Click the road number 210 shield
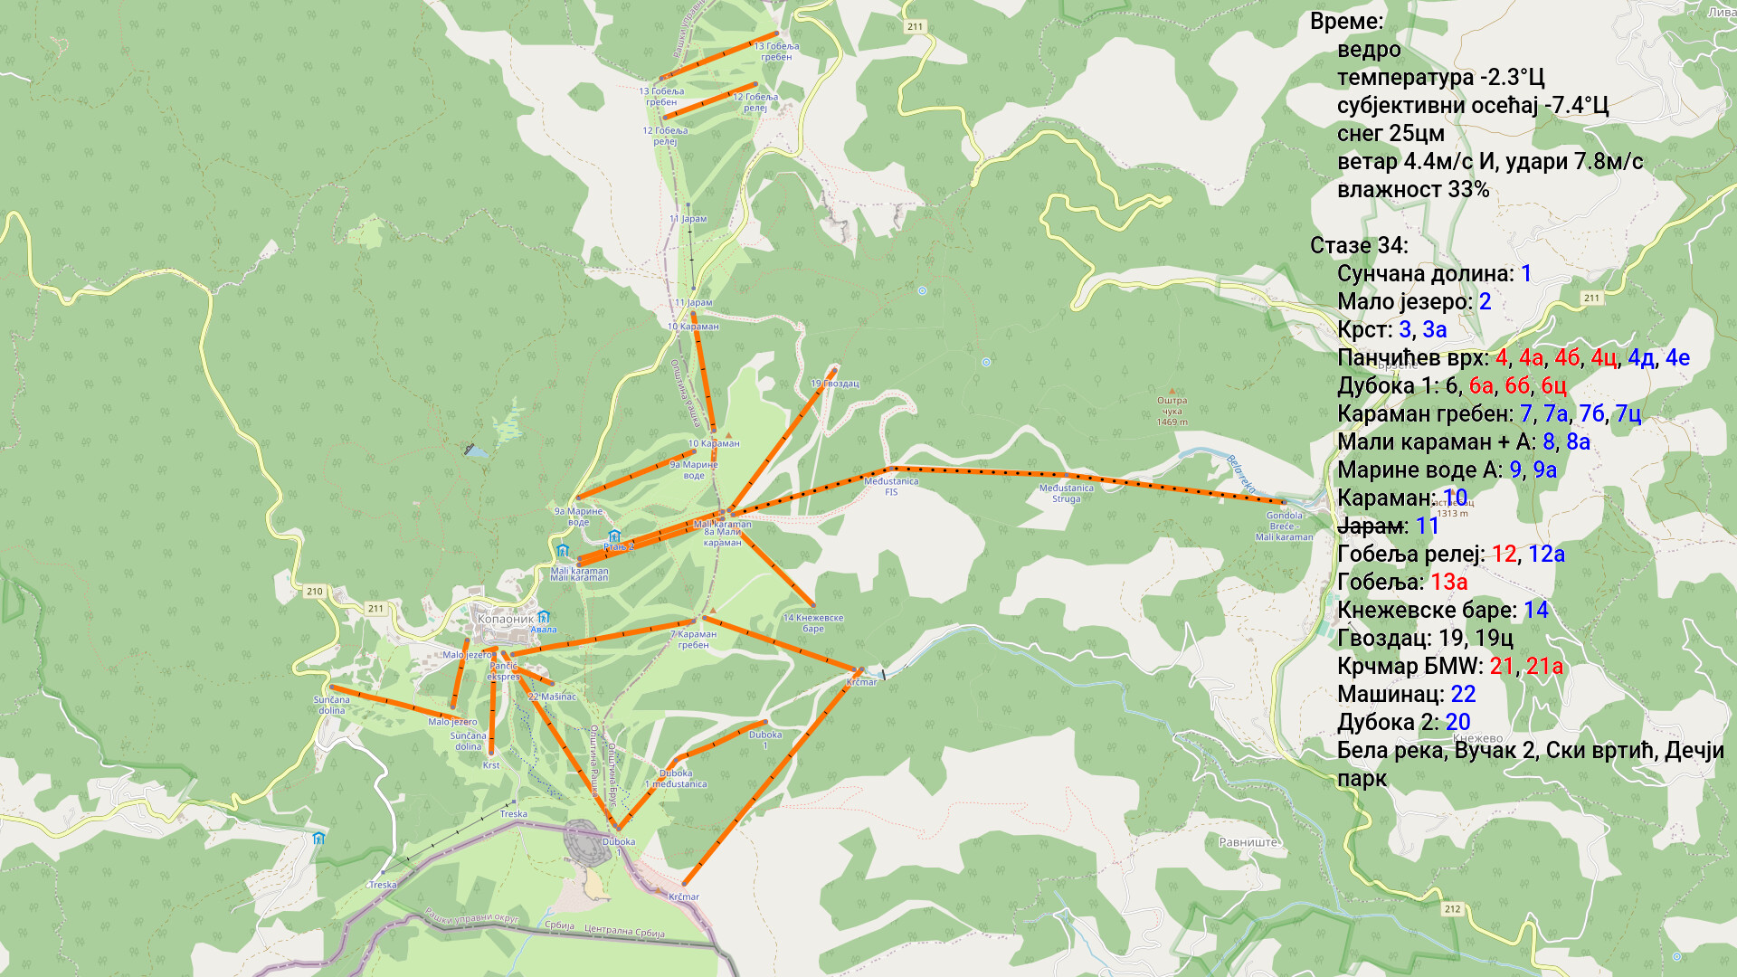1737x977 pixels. (x=314, y=592)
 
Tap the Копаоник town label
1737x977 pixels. (x=505, y=620)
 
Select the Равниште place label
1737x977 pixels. (x=1248, y=842)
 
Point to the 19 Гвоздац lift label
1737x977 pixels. (x=834, y=384)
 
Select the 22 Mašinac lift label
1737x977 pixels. (x=552, y=697)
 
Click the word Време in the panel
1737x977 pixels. (x=1345, y=22)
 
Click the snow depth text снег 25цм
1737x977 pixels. (x=1391, y=134)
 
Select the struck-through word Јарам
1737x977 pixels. (x=1371, y=526)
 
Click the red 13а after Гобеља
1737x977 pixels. (x=1448, y=583)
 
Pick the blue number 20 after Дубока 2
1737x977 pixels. (x=1457, y=723)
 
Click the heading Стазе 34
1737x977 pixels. (x=1358, y=246)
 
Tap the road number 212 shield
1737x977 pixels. (x=1452, y=909)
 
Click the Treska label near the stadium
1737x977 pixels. (x=513, y=814)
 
